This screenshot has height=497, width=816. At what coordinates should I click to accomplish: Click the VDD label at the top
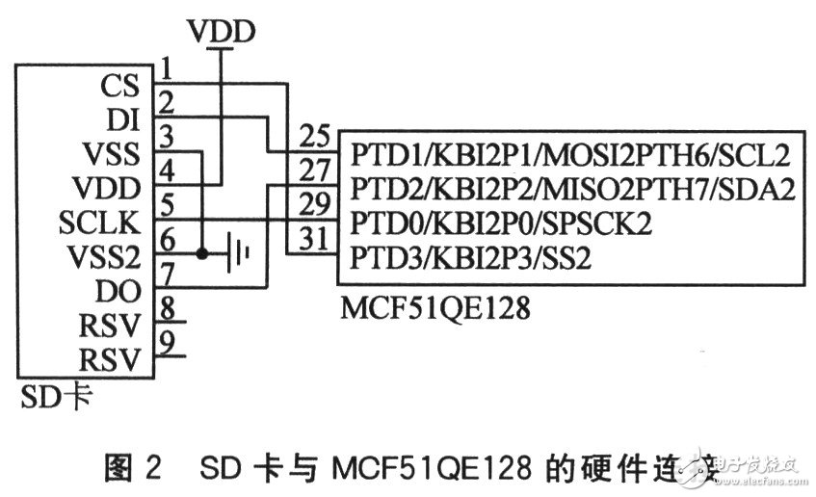click(222, 32)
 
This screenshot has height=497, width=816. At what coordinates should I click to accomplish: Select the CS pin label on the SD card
click(118, 87)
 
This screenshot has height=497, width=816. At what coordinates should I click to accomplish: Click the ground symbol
click(240, 255)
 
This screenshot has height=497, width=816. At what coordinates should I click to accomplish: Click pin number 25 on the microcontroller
click(315, 134)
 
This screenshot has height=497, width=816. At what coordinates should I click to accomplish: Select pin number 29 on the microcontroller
click(315, 204)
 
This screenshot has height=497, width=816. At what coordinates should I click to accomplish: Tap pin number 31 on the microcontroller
click(315, 238)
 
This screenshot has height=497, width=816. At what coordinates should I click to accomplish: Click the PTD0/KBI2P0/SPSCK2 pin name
click(501, 222)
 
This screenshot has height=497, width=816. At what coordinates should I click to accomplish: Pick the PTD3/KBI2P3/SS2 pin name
click(470, 257)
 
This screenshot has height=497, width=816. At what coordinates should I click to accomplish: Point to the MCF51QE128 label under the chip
click(427, 310)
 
